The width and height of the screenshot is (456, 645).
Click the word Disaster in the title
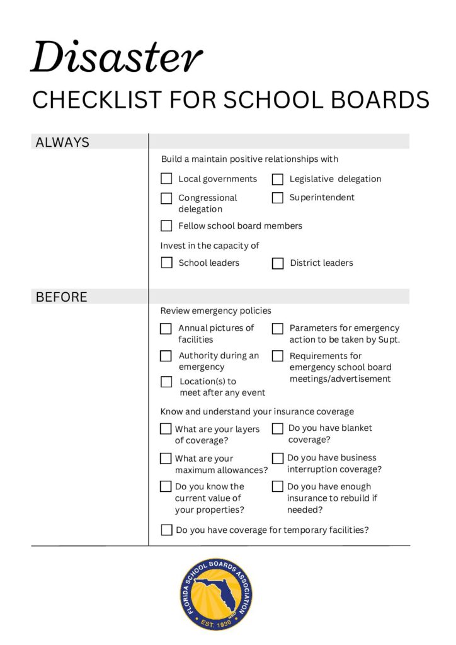tap(117, 57)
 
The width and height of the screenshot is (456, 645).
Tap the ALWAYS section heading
tap(62, 142)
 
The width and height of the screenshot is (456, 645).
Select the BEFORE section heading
tap(61, 297)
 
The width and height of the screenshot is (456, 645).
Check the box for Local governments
tap(166, 179)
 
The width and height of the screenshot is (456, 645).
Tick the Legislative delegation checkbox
tap(278, 180)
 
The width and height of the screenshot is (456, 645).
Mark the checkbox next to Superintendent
tap(278, 198)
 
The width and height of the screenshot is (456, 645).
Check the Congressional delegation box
tap(166, 198)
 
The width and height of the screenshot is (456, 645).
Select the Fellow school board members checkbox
tap(166, 225)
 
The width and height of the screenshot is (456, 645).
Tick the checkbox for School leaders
tap(166, 263)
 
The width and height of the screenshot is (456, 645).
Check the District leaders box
tap(278, 263)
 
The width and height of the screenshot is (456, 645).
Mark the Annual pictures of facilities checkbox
tap(166, 328)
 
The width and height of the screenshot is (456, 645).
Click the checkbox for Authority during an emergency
tap(166, 356)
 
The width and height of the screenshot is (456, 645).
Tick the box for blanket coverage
tap(277, 429)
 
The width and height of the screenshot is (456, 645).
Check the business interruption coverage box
tap(277, 459)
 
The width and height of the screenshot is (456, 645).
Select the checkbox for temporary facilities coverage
tap(166, 530)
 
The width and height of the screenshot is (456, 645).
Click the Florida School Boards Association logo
tap(216, 594)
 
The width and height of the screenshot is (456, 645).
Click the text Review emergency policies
tap(215, 311)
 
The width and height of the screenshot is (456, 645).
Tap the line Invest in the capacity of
tap(210, 246)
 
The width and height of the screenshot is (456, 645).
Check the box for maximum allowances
tap(166, 459)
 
